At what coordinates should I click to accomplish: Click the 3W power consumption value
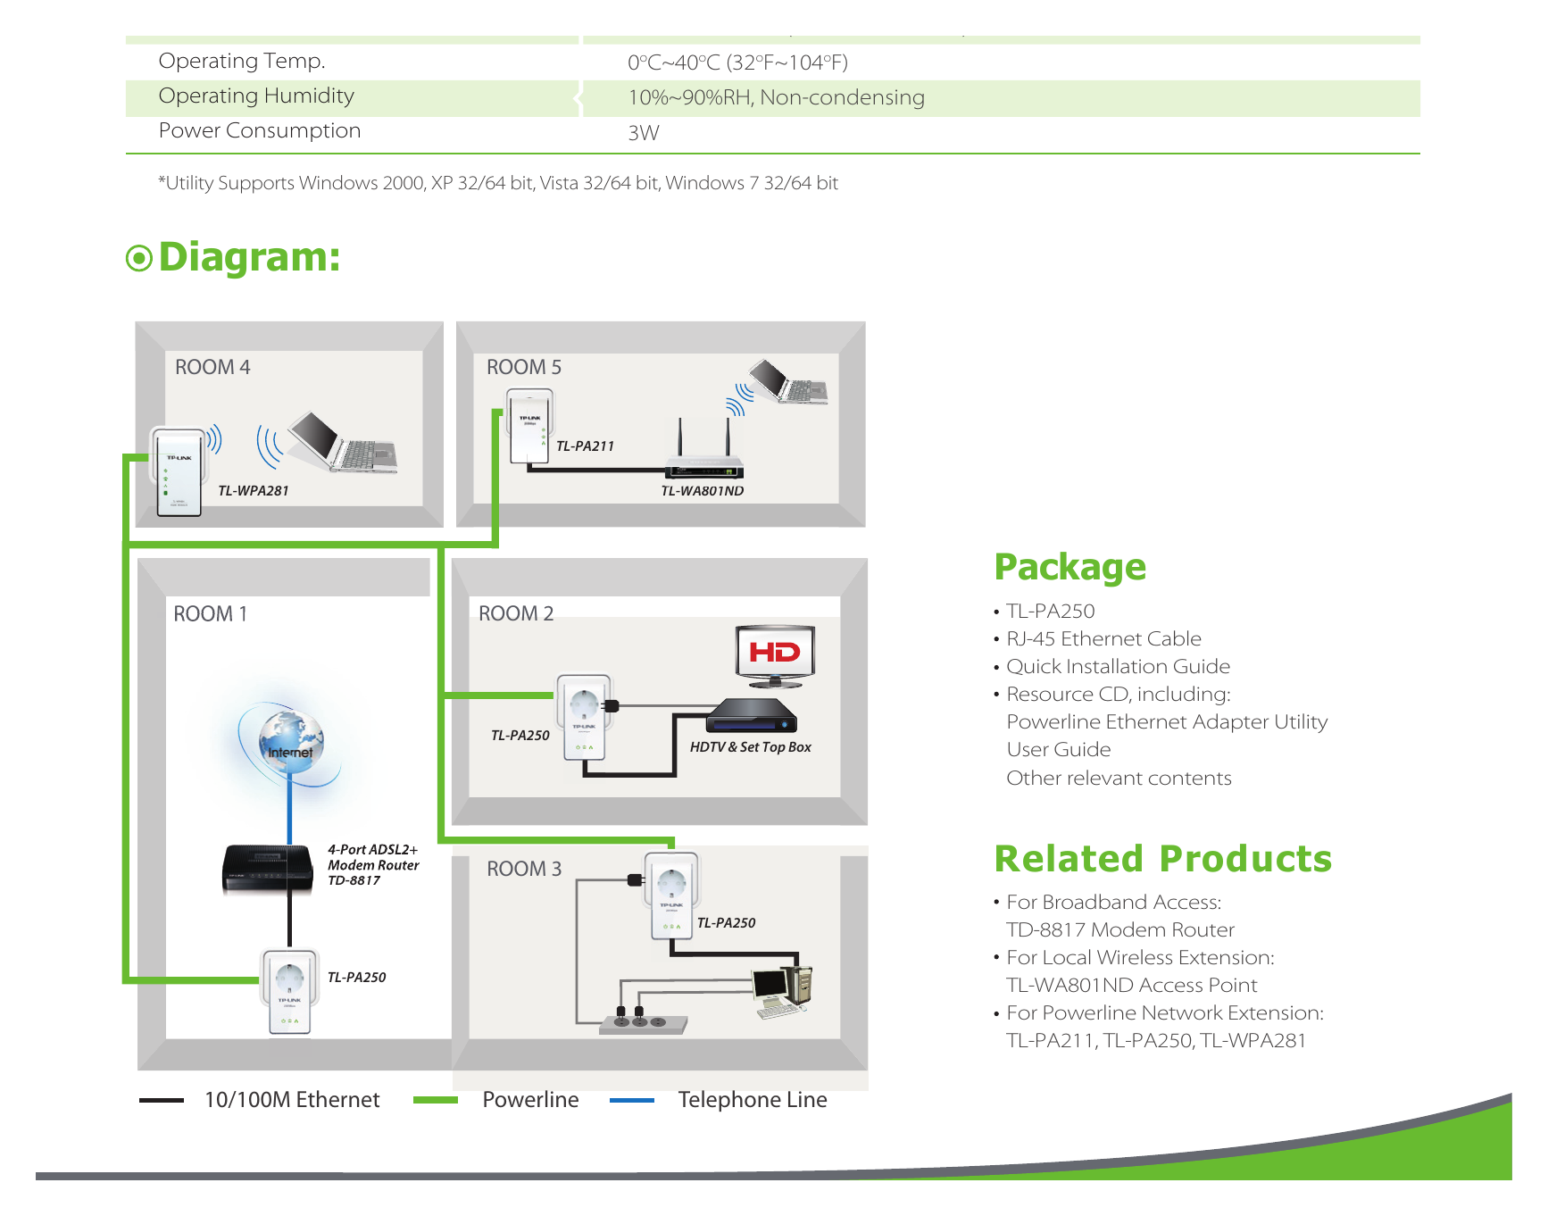(x=644, y=133)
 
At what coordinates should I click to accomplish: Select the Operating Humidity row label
(x=256, y=96)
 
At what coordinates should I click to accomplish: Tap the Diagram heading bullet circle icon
(x=139, y=259)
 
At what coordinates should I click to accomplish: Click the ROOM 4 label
(x=212, y=367)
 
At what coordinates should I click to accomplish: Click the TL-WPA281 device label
(x=254, y=491)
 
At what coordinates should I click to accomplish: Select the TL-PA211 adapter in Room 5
(x=530, y=427)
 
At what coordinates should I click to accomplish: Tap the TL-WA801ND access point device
(x=704, y=450)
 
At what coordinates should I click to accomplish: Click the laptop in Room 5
(x=788, y=381)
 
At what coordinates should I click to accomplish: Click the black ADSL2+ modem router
(x=267, y=869)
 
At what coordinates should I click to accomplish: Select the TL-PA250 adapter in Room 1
(x=289, y=992)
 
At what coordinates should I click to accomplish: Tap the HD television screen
(x=775, y=654)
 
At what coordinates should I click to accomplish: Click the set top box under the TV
(x=751, y=715)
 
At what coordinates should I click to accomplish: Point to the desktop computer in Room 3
(x=783, y=990)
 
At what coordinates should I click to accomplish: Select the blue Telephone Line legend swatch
(x=632, y=1101)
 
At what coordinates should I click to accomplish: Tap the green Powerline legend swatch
(x=436, y=1101)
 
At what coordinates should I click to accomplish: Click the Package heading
(x=1070, y=568)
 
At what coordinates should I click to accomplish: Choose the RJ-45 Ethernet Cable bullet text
(x=1103, y=639)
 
